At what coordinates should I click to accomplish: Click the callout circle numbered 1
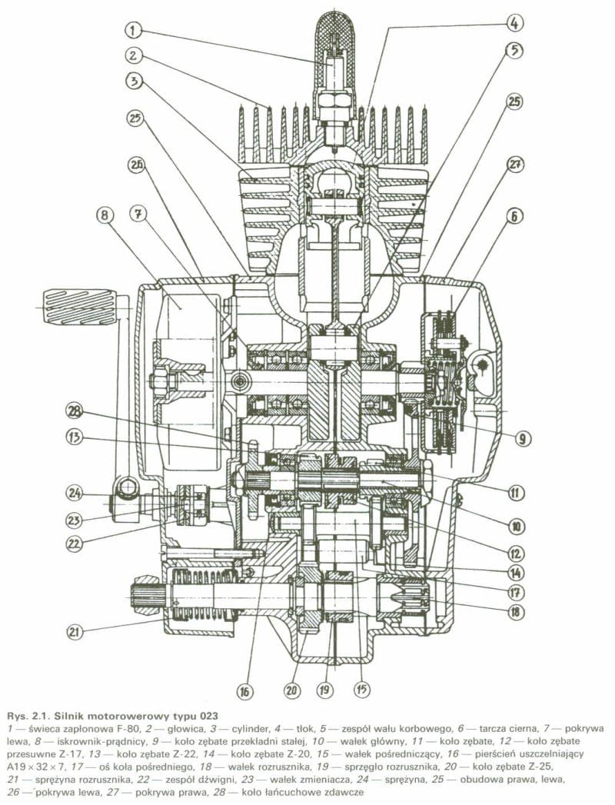[133, 30]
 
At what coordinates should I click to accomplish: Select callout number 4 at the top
[515, 22]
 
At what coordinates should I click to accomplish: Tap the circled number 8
[105, 215]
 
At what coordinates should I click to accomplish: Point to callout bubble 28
[75, 411]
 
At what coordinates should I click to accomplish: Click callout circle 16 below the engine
[244, 691]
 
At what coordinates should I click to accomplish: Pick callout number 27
[515, 165]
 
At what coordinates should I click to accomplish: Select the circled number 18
[515, 612]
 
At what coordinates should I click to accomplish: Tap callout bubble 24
[75, 493]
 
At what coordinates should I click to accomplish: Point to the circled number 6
[515, 216]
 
